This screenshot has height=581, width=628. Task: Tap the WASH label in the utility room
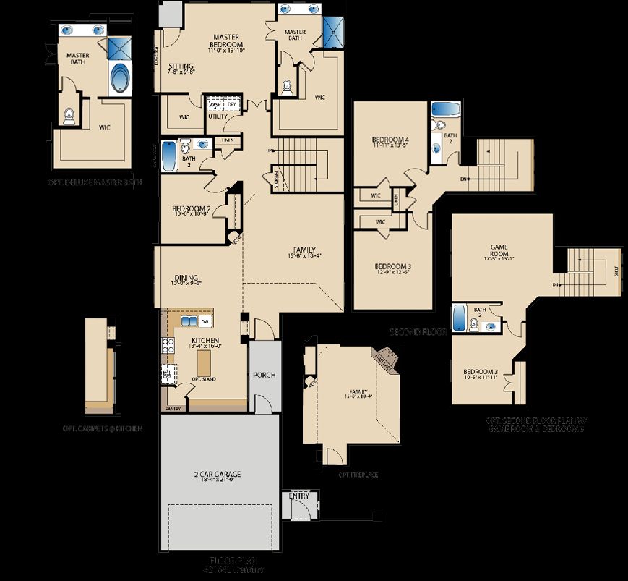click(x=215, y=104)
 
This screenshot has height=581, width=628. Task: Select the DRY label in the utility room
click(x=231, y=104)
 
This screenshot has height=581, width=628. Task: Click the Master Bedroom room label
click(x=231, y=41)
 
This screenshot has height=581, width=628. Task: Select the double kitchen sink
click(x=189, y=321)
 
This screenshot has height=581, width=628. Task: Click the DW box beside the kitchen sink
click(x=205, y=321)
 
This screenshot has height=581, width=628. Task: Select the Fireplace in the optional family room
click(x=387, y=357)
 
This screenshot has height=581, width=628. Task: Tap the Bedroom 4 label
click(x=390, y=141)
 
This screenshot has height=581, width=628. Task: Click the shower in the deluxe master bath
click(x=117, y=48)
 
